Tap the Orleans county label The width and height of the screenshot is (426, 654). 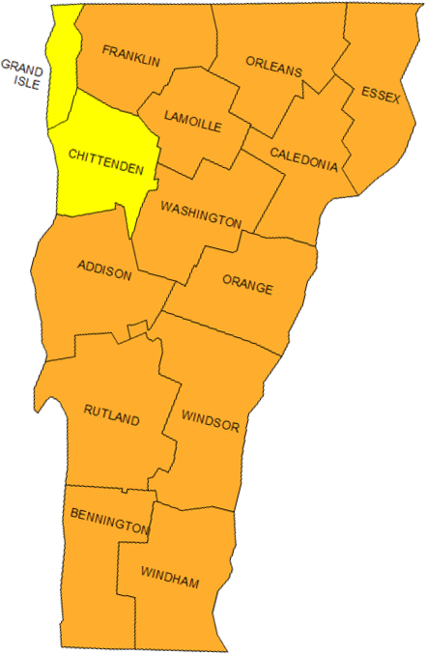(x=273, y=71)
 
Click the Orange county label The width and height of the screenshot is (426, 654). (x=248, y=287)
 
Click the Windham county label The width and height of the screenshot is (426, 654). (x=170, y=581)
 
